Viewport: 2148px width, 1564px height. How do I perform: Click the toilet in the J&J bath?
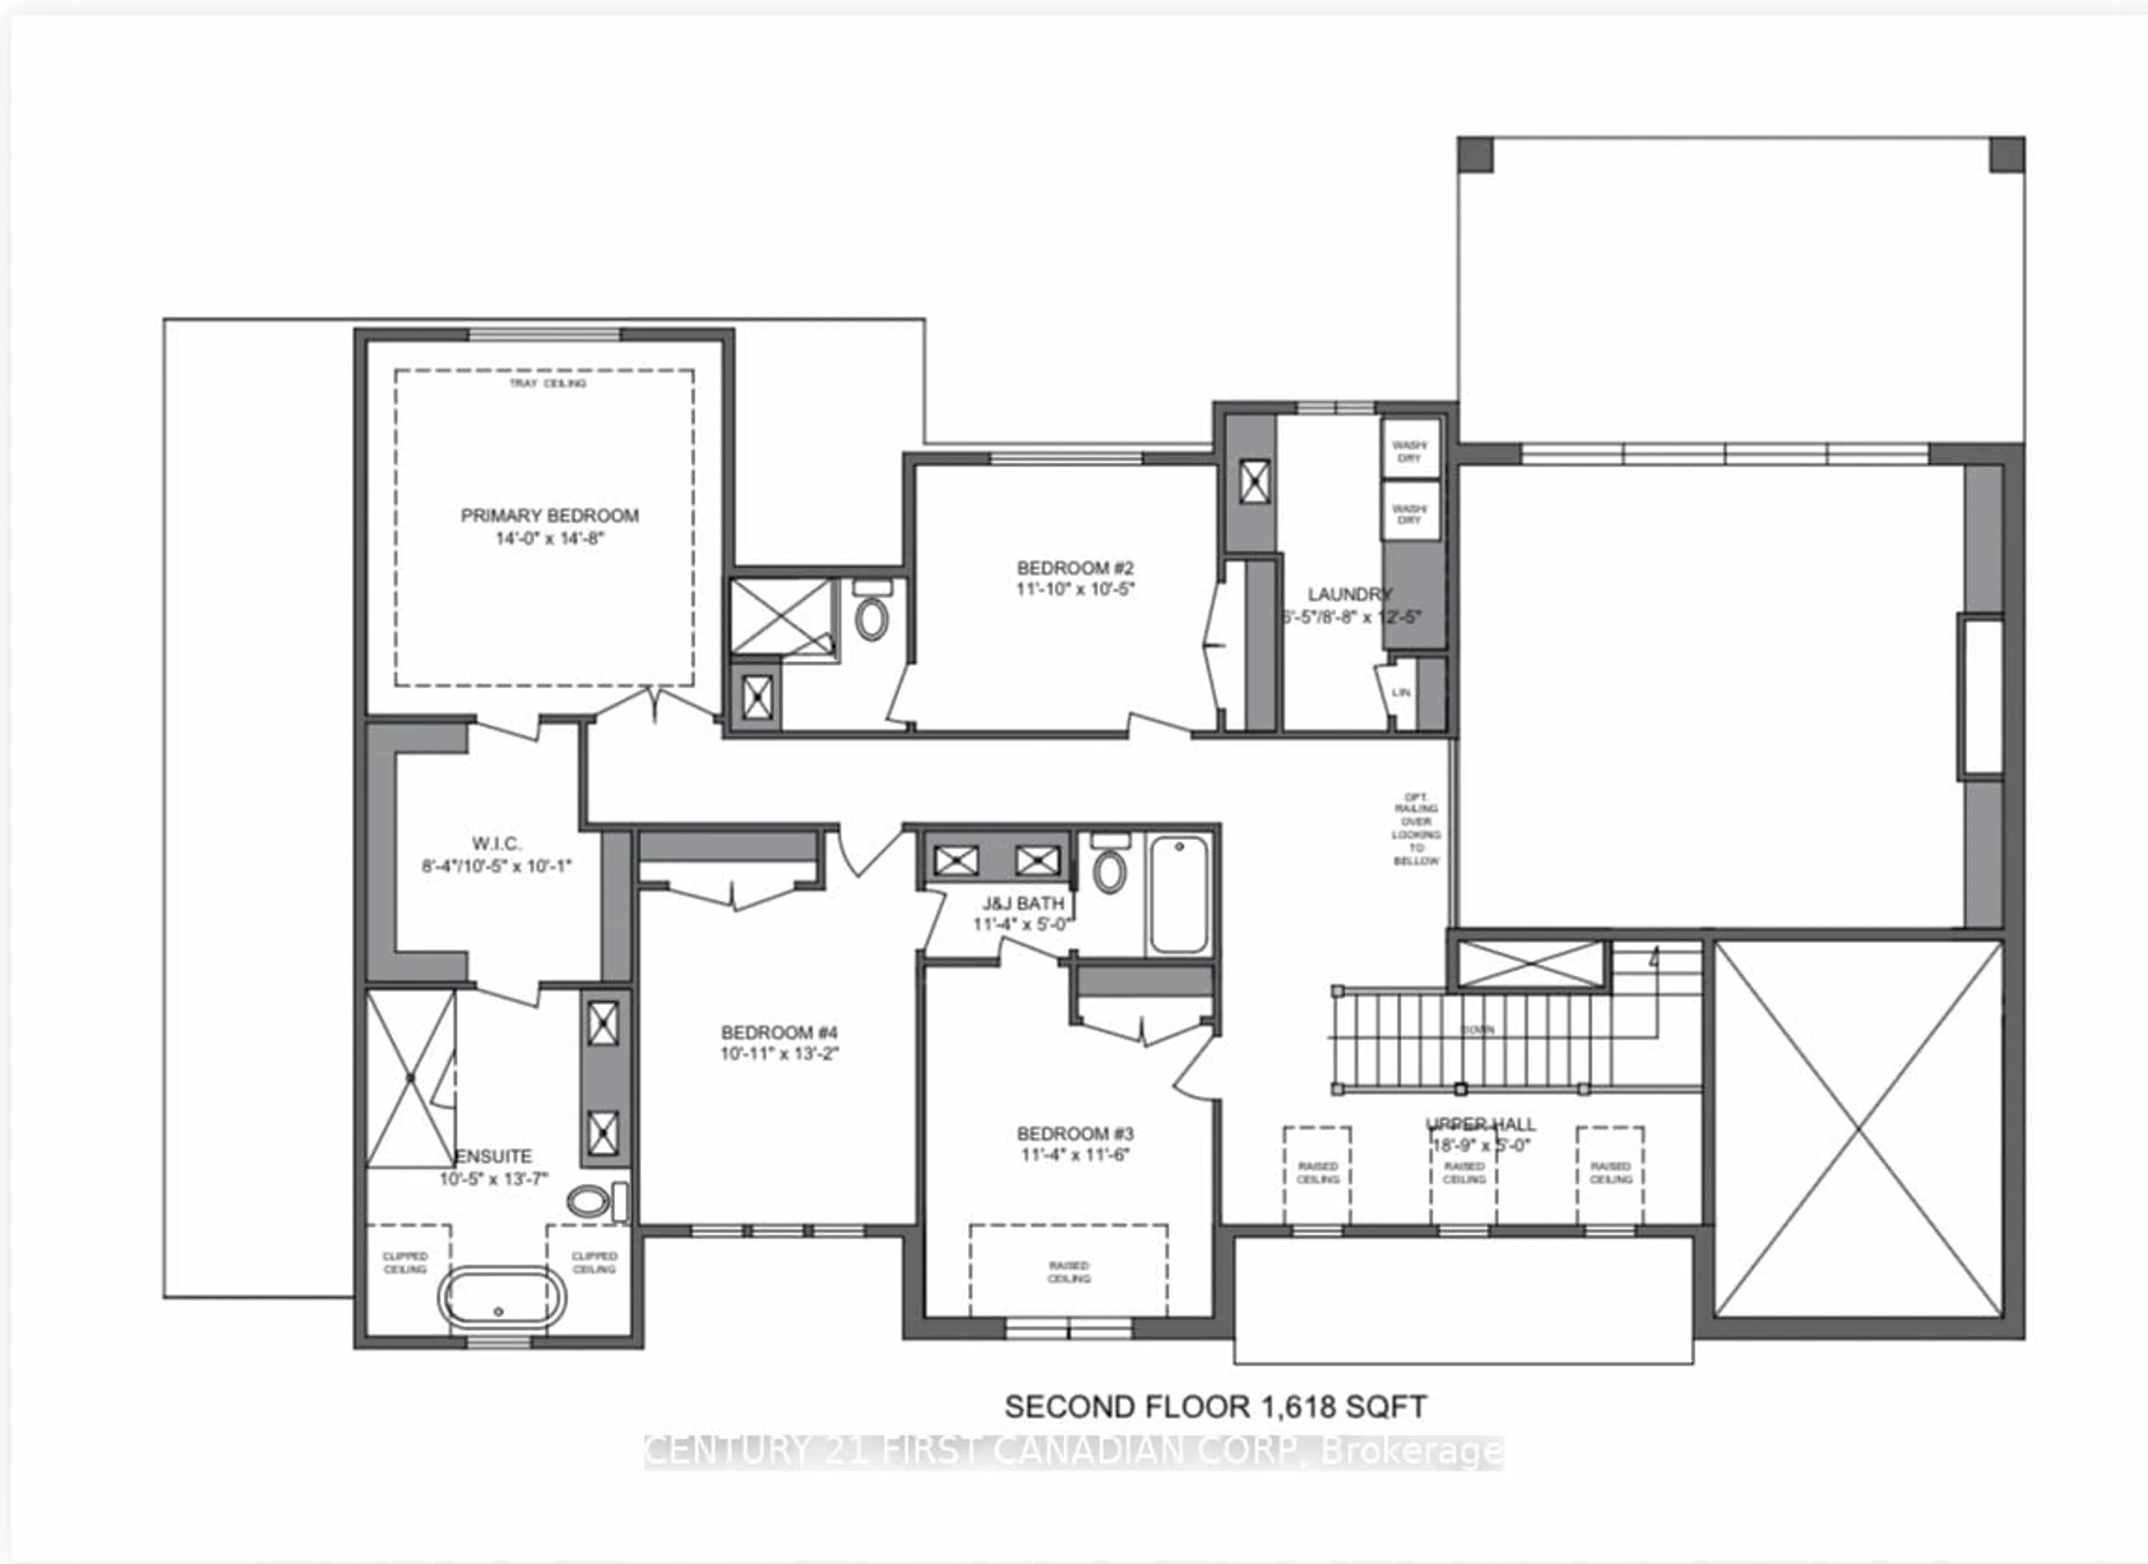[x=1109, y=868]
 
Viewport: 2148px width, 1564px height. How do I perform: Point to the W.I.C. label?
[x=496, y=844]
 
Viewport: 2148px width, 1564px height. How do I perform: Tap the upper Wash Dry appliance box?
[x=1409, y=451]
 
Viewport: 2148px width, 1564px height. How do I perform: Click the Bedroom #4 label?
[x=779, y=1032]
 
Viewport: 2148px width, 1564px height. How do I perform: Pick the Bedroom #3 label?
[x=1075, y=1134]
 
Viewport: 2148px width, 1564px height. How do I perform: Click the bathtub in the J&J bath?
[x=1178, y=894]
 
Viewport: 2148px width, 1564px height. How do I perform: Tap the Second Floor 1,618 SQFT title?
[x=1215, y=1407]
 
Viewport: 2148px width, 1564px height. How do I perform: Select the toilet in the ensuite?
[x=589, y=1202]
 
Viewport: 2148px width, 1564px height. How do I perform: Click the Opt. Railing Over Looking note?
[x=1416, y=829]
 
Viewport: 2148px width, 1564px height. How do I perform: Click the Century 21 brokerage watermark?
[x=1073, y=1452]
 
